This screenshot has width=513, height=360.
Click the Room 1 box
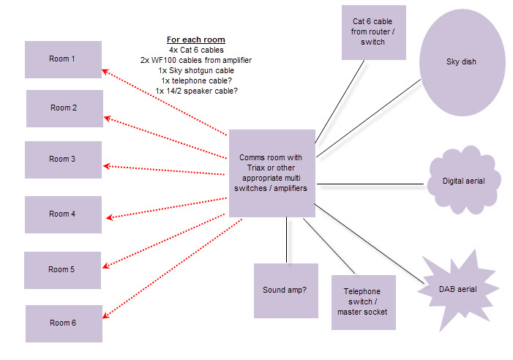(63, 59)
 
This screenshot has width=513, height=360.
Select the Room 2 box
(64, 108)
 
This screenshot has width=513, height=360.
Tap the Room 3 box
(62, 160)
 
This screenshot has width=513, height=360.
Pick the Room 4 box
(62, 214)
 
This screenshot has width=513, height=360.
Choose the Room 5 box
(61, 269)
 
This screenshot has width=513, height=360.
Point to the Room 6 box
(63, 323)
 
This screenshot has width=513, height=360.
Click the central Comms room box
(272, 173)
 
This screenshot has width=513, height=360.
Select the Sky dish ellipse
(461, 62)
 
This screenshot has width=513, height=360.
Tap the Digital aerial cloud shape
(464, 181)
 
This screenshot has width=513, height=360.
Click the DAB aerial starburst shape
(457, 288)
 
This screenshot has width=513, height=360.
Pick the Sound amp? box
(285, 290)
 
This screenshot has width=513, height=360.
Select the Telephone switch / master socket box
(363, 302)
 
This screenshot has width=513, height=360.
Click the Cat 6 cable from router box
(374, 32)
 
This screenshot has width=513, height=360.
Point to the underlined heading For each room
(195, 39)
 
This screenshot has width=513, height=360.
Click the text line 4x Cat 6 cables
(196, 49)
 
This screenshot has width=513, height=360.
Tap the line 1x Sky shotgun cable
(195, 70)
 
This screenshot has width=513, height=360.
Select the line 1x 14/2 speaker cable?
(196, 90)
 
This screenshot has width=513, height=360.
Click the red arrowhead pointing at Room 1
(105, 71)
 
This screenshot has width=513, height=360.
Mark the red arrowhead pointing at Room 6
(105, 315)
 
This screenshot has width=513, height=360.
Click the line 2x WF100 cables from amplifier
(195, 59)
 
